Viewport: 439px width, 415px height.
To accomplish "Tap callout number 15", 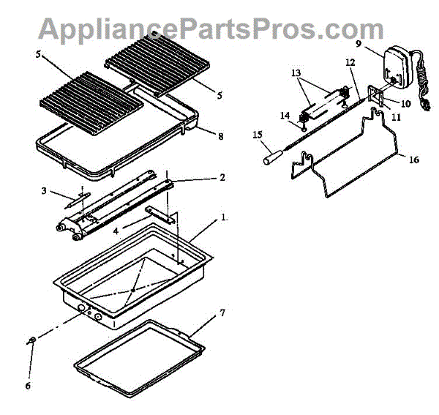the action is point(257,134).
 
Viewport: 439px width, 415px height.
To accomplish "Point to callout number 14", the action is point(285,115).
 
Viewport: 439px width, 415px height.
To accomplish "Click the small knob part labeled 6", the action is point(31,341).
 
